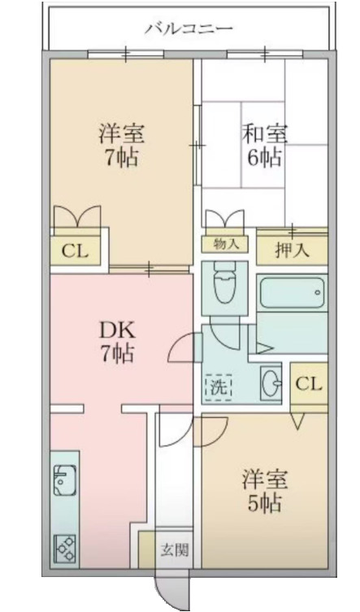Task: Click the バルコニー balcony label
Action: click(x=189, y=28)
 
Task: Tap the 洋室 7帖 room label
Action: click(x=121, y=145)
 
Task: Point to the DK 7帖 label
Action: click(x=118, y=342)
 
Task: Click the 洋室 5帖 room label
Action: click(x=264, y=491)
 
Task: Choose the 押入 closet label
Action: click(x=292, y=250)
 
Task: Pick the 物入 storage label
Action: click(x=225, y=245)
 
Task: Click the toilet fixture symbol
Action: click(x=225, y=283)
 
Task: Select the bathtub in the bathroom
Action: click(x=292, y=292)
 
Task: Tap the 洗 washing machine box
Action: click(x=219, y=387)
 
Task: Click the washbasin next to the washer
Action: click(x=271, y=383)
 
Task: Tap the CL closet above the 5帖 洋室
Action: click(x=309, y=384)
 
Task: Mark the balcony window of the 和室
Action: click(x=266, y=54)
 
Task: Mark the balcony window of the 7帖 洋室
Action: click(x=126, y=54)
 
